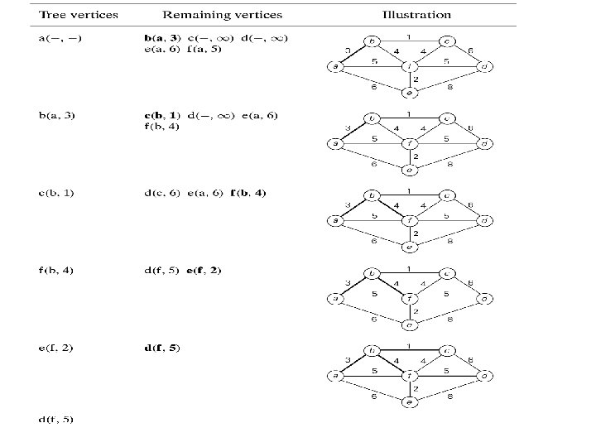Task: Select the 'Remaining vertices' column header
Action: tap(222, 15)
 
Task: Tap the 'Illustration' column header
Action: tap(416, 15)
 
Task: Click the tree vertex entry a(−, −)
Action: tap(60, 38)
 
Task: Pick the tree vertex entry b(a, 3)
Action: tap(57, 115)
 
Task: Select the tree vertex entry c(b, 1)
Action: tap(57, 193)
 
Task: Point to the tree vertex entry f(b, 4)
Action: tap(57, 270)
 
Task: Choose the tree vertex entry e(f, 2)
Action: tap(57, 348)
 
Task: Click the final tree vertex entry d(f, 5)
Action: tap(57, 419)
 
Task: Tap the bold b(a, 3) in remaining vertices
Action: tap(162, 38)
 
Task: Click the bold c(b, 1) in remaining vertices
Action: tap(162, 115)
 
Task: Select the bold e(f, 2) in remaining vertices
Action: tap(204, 270)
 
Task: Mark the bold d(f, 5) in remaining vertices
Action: tap(162, 348)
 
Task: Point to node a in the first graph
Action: tap(337, 66)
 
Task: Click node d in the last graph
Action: tap(486, 376)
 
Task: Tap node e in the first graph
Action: tap(409, 94)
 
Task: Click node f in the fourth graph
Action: tap(409, 299)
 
